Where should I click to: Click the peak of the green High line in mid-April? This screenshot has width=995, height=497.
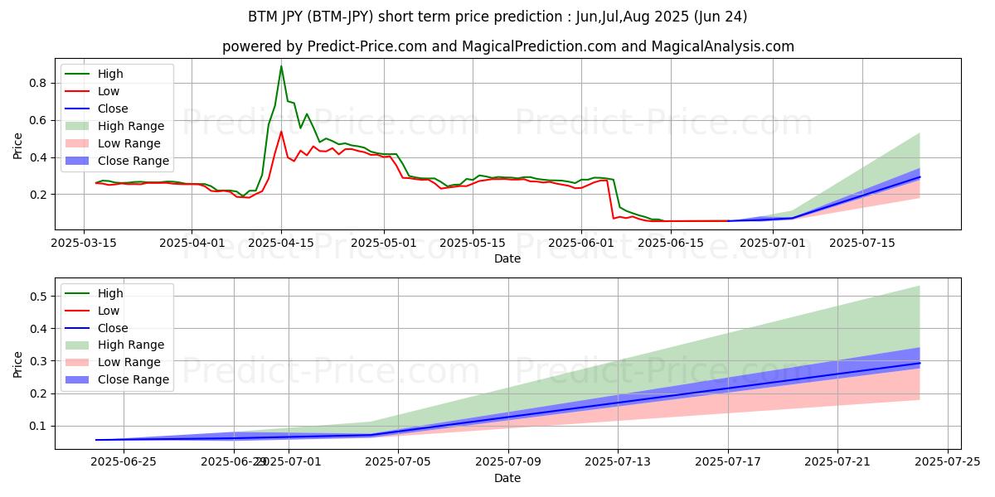[281, 66]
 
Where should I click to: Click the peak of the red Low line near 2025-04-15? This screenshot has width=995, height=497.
[281, 132]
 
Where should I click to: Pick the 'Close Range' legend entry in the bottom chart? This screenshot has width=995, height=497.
[133, 379]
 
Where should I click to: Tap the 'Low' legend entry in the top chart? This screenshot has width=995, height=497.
[109, 91]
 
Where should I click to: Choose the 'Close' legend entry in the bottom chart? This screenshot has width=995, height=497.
[113, 328]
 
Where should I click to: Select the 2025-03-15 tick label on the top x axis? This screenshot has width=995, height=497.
[84, 243]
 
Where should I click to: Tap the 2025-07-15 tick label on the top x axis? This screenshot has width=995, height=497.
[862, 243]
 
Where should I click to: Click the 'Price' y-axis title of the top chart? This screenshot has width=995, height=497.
[18, 146]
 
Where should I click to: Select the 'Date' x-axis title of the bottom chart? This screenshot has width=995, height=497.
[507, 478]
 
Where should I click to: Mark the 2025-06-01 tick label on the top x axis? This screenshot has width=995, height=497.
[581, 243]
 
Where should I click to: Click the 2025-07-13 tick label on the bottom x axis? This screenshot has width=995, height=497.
[618, 461]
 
